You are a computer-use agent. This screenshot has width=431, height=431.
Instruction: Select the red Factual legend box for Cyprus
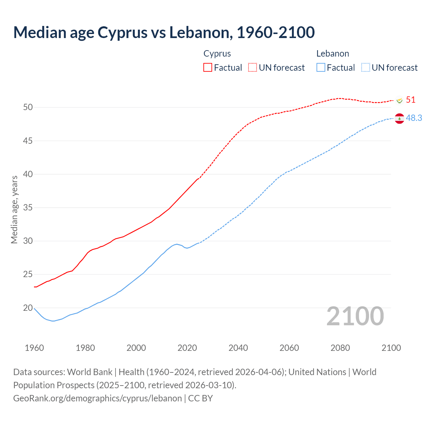[x=208, y=68]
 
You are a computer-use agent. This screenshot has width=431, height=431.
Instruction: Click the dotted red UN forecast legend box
[x=253, y=68]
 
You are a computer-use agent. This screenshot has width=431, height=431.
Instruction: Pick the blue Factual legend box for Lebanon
[x=321, y=68]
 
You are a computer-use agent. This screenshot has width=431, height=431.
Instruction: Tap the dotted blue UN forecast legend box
[x=365, y=68]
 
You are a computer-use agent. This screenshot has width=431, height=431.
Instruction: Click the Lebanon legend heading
[x=332, y=54]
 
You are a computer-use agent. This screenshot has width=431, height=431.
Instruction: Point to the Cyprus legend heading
[x=217, y=54]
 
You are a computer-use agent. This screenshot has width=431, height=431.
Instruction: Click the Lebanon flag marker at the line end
[x=399, y=119]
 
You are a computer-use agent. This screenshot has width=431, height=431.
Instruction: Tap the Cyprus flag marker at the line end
[x=399, y=100]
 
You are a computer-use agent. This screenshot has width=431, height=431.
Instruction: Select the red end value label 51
[x=410, y=100]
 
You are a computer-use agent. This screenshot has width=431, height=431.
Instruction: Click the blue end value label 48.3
[x=414, y=118]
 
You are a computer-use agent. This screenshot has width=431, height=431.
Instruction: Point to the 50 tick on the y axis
[x=28, y=107]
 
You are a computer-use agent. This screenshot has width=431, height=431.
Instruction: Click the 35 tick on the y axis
[x=28, y=208]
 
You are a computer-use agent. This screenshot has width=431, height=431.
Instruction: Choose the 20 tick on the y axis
[x=28, y=308]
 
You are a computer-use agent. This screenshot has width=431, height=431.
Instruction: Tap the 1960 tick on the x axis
[x=34, y=348]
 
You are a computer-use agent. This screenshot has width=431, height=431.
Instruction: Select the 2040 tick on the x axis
[x=238, y=348]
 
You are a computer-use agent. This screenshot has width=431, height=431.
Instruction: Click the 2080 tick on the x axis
[x=340, y=348]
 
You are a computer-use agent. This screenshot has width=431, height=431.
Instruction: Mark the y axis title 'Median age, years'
[x=14, y=209]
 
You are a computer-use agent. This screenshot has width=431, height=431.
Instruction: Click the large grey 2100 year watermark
[x=355, y=316]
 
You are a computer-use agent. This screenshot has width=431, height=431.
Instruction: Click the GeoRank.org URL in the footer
[x=97, y=398]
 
